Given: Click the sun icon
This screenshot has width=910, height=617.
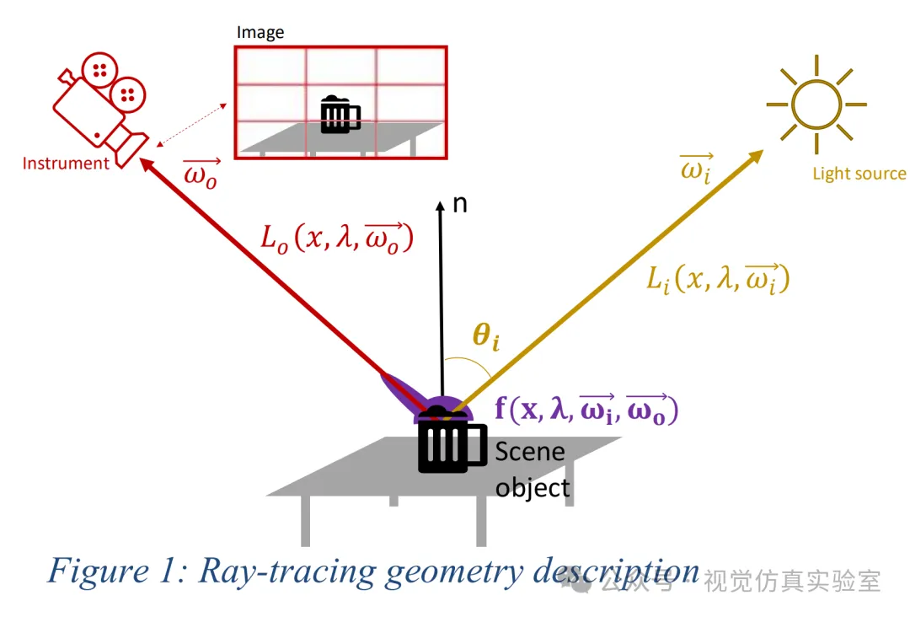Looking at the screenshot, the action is (816, 105).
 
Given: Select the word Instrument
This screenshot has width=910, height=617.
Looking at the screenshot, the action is (66, 164).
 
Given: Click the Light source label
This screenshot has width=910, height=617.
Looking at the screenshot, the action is (859, 174).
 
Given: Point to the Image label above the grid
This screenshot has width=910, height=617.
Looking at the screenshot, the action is (260, 33).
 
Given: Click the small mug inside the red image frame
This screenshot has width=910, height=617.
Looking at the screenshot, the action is (340, 115).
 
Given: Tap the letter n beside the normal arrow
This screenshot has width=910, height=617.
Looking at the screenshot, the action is (460, 204).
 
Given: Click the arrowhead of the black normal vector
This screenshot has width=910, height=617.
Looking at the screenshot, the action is (441, 206).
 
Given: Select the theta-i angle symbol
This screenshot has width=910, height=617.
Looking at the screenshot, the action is (486, 335).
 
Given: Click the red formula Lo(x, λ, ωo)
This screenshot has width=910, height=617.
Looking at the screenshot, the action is (336, 238).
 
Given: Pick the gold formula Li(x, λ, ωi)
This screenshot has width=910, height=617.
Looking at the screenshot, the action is (719, 279).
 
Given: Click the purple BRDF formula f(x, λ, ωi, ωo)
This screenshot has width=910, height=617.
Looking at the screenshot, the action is (586, 409).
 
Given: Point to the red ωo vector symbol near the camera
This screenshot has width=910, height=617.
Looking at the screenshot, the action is (201, 174).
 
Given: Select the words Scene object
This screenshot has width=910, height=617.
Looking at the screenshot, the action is (533, 469).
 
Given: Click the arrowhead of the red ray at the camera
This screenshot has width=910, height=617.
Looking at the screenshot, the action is (147, 164).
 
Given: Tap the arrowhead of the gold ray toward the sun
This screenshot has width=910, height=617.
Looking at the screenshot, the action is (755, 156).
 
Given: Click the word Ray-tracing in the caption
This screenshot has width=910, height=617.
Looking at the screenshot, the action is (286, 571).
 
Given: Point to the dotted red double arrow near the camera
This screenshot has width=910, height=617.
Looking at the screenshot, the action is (191, 126).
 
